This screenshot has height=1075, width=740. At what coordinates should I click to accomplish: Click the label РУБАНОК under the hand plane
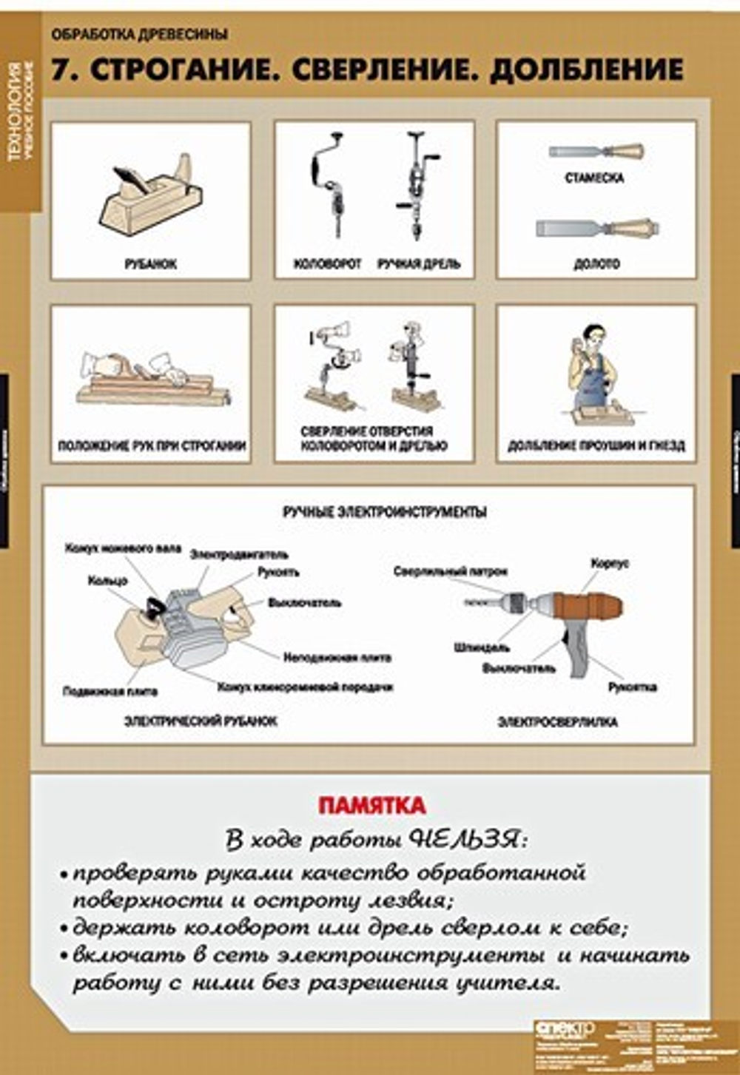(150, 264)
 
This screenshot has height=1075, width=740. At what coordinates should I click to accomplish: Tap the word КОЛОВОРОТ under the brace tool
(327, 264)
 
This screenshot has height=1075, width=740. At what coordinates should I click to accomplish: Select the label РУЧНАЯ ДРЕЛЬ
(419, 264)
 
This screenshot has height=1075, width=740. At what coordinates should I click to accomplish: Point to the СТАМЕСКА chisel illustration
(596, 152)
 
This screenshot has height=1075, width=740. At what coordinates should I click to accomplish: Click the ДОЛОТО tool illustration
(596, 228)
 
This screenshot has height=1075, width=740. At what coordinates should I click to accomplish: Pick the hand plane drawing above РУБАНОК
(152, 196)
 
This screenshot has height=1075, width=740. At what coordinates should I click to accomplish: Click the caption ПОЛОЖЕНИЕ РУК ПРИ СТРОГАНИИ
(152, 446)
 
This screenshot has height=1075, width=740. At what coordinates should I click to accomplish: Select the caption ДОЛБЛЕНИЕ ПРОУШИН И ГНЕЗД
(596, 446)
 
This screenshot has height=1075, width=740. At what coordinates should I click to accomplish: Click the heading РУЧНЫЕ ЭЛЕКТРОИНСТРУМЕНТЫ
(385, 512)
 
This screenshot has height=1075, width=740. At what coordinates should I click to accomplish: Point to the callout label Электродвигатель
(239, 554)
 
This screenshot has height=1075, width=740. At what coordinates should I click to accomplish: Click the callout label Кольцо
(107, 581)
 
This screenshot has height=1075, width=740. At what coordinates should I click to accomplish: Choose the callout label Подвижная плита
(110, 692)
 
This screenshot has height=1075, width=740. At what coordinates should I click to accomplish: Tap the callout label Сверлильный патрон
(451, 572)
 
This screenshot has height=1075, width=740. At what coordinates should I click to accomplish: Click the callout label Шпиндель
(482, 648)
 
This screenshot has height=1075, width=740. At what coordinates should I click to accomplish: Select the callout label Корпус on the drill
(610, 564)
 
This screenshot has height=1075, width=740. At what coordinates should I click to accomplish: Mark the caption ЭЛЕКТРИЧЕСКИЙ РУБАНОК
(200, 721)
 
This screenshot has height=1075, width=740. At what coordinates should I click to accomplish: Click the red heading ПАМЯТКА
(371, 805)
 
